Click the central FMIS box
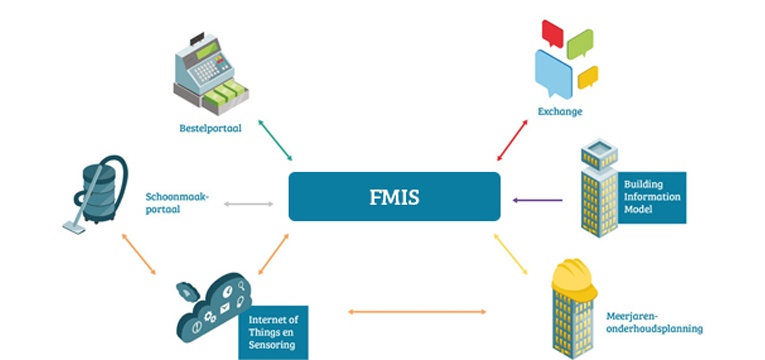point(394,196)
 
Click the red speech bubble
point(553,32)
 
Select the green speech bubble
point(580,43)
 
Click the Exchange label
point(560,111)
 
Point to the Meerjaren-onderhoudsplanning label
point(654,322)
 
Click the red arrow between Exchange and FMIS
point(512,139)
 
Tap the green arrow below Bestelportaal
point(275,139)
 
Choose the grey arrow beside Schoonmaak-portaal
point(248,204)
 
